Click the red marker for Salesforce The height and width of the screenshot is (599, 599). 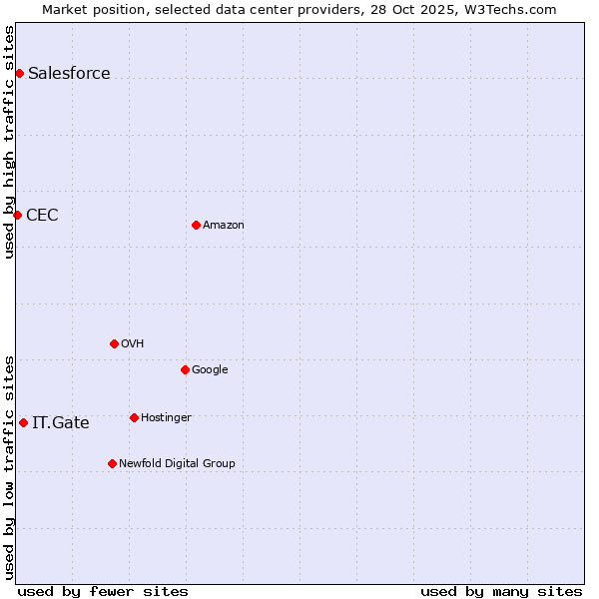(19, 73)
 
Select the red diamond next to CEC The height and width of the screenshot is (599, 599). (17, 215)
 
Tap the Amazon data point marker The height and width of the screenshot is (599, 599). (196, 225)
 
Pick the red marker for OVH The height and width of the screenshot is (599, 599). (114, 343)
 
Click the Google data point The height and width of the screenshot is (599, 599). (185, 369)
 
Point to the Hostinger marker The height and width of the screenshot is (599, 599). (134, 417)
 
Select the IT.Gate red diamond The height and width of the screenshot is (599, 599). (23, 422)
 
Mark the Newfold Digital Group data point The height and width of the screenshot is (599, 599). (112, 463)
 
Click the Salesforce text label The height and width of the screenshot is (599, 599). (69, 73)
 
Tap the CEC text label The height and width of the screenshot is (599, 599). (42, 215)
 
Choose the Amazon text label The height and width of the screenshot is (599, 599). (224, 225)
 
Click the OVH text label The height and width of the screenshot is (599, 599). (133, 343)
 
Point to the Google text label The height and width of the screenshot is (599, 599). (210, 369)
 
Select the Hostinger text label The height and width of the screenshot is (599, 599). (166, 417)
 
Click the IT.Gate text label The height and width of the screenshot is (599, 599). (61, 422)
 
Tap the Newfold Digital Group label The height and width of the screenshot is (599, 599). (177, 463)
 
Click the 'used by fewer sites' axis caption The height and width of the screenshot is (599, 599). (103, 591)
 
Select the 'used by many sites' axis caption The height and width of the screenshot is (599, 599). (501, 591)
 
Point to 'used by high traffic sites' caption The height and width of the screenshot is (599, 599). (9, 142)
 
